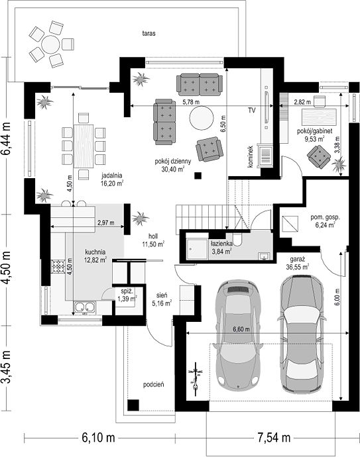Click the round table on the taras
click(50, 44)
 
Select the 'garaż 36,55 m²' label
click(298, 263)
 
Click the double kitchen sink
click(85, 307)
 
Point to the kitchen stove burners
click(58, 266)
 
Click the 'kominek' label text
click(251, 156)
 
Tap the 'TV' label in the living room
click(252, 111)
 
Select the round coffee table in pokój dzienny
click(202, 118)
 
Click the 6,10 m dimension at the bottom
click(98, 438)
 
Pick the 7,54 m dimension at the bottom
click(274, 438)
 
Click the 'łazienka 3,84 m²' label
click(221, 247)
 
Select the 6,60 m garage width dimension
click(241, 330)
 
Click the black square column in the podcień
click(133, 405)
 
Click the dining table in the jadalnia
click(84, 146)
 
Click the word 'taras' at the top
click(149, 33)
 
